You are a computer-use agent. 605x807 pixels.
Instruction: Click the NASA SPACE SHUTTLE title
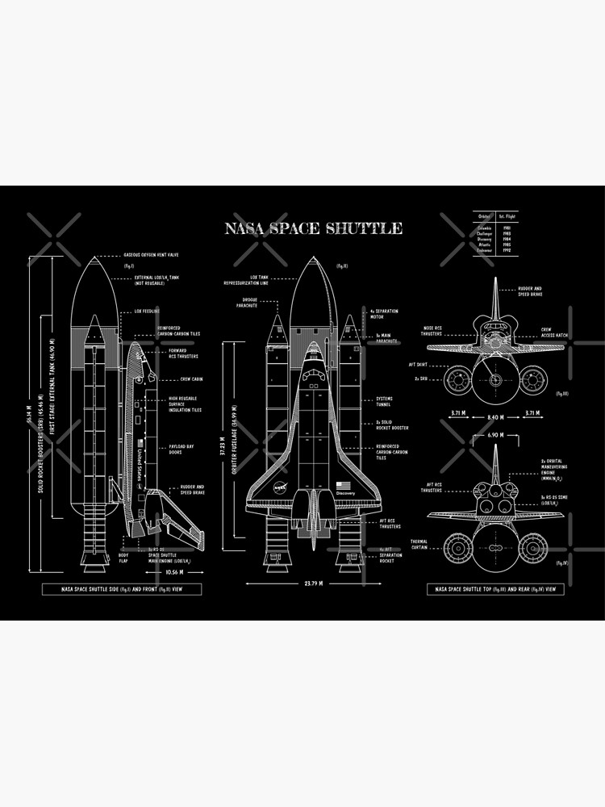tap(314, 229)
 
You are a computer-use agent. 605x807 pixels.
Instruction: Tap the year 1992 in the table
tap(506, 250)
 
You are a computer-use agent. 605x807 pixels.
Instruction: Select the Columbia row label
tap(484, 228)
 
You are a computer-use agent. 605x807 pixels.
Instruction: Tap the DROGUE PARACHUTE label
tap(246, 303)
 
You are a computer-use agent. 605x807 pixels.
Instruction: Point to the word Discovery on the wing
tap(345, 492)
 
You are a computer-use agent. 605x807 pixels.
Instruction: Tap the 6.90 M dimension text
tap(495, 435)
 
